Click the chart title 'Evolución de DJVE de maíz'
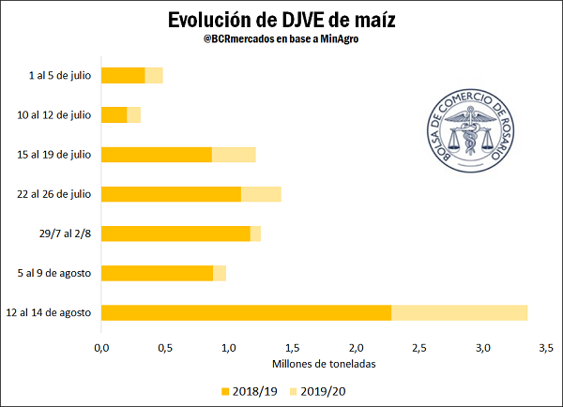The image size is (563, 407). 281,20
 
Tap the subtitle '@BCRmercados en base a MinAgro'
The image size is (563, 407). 281,40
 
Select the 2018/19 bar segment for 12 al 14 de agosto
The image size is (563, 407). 246,312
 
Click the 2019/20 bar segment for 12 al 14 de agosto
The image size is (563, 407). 459,312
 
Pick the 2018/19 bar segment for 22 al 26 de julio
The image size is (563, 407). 171,194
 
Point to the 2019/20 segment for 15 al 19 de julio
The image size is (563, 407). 234,155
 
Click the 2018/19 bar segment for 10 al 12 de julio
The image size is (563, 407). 114,114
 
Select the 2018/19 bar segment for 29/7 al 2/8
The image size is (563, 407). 175,234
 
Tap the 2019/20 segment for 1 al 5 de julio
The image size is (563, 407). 154,75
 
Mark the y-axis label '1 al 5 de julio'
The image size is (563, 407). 59,75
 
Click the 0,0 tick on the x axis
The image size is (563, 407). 101,348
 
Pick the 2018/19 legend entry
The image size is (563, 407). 248,390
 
